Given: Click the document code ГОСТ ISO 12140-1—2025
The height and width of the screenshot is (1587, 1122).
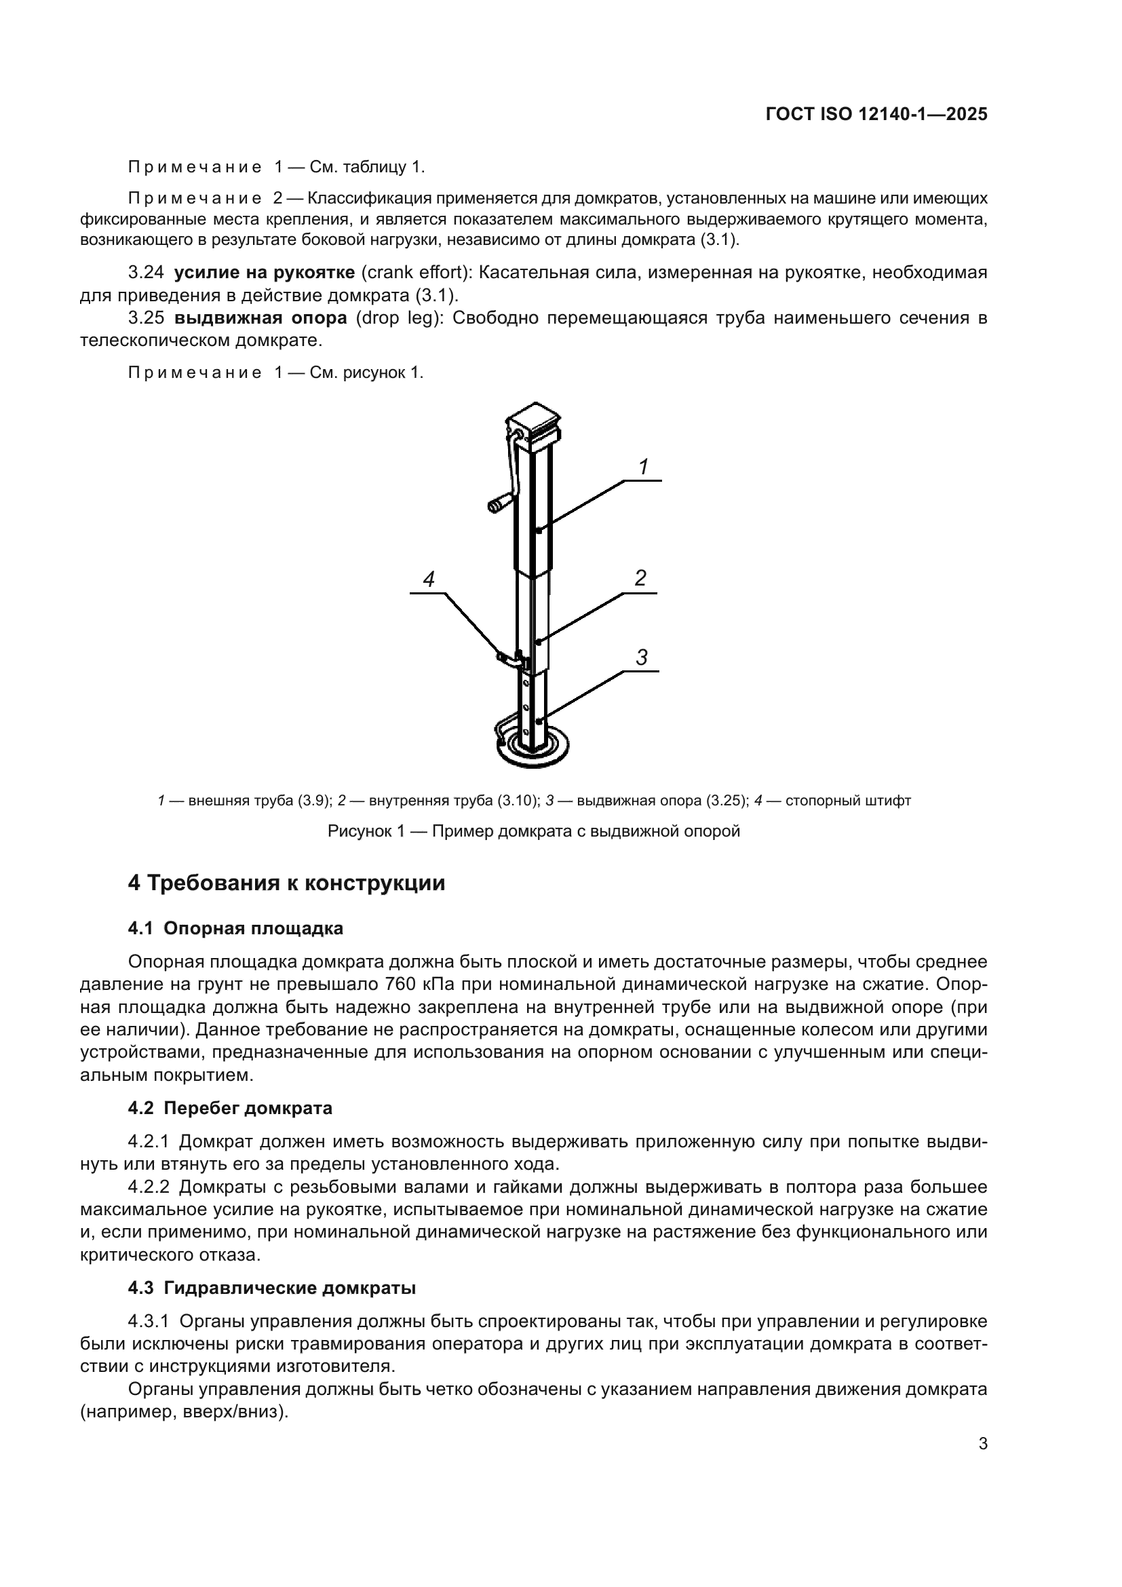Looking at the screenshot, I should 876,115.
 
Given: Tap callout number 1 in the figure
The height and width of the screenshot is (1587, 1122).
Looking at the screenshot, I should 642,467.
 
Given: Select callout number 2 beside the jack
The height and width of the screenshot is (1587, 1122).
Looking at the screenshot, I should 640,578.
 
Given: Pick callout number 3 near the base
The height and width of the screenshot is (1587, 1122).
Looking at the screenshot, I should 641,657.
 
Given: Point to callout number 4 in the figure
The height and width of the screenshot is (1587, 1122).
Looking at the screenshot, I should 428,579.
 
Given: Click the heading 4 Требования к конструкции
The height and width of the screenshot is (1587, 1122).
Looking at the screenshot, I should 286,883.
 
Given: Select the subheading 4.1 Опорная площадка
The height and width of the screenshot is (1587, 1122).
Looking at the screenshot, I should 235,928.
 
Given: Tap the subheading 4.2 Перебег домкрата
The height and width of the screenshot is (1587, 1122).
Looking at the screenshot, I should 229,1108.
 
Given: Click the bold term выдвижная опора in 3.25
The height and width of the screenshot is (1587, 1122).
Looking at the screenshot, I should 260,318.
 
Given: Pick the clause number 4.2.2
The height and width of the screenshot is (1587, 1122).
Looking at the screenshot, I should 149,1187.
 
